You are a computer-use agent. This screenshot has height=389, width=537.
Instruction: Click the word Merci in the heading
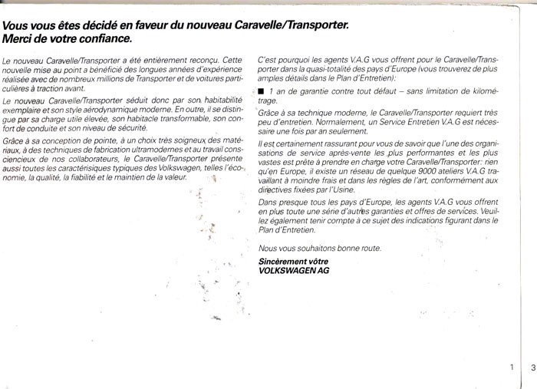(19, 37)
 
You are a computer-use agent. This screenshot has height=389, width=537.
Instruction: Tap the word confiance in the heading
(105, 37)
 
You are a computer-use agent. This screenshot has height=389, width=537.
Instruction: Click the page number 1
(511, 368)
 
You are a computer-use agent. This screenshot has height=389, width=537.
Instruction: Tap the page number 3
(532, 368)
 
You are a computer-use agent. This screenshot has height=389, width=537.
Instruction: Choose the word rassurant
(323, 144)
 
